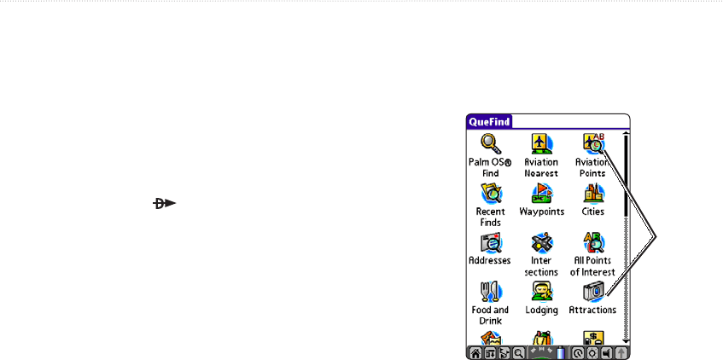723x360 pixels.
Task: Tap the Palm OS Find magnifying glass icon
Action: (x=489, y=143)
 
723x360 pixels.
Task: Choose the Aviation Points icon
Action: (x=592, y=143)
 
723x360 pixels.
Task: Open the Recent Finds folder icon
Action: (x=489, y=194)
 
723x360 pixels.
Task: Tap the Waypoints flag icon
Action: (x=541, y=194)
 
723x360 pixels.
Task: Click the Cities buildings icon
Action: (x=592, y=194)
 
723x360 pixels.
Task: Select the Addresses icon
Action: (x=489, y=243)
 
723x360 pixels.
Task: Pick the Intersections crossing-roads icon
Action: (x=541, y=243)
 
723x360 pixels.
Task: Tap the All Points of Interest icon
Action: (x=592, y=243)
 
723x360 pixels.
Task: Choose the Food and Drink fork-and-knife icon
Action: (x=489, y=293)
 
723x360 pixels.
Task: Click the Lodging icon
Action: (x=541, y=293)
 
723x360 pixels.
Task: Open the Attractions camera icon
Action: (x=592, y=293)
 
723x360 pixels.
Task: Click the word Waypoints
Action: (x=541, y=212)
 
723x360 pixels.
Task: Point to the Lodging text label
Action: (x=541, y=311)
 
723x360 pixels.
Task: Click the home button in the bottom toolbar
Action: (x=474, y=352)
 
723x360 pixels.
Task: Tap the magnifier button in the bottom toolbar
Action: (x=517, y=352)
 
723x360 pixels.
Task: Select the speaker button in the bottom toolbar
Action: (x=605, y=352)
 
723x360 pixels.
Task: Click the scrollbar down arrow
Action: (x=626, y=340)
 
